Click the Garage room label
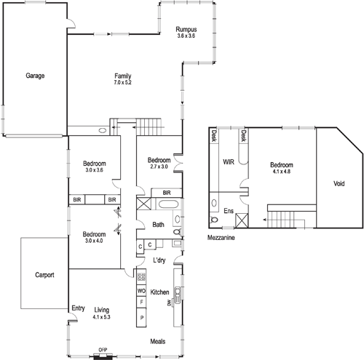(x=36, y=75)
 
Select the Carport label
(x=45, y=276)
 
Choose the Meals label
(x=159, y=340)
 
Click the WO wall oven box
(x=142, y=291)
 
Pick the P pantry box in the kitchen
(x=142, y=319)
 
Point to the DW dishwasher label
(x=168, y=302)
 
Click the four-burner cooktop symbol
(x=142, y=277)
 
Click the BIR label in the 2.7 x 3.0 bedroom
(x=167, y=193)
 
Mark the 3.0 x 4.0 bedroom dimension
(x=95, y=241)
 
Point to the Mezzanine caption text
(x=222, y=237)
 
